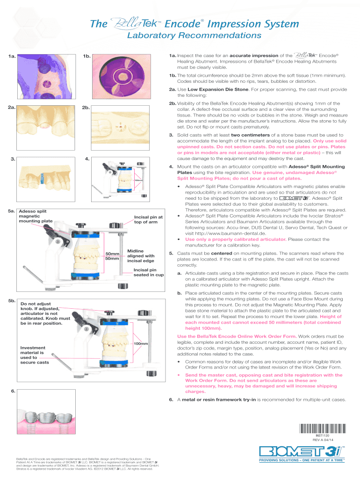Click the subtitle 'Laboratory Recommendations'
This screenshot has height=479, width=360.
[x=180, y=36]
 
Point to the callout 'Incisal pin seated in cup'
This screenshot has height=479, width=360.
[x=148, y=272]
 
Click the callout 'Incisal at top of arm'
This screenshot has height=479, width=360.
[x=148, y=219]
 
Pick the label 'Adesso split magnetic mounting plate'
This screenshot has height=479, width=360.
[x=35, y=216]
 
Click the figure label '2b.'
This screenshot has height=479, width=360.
[x=86, y=109]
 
